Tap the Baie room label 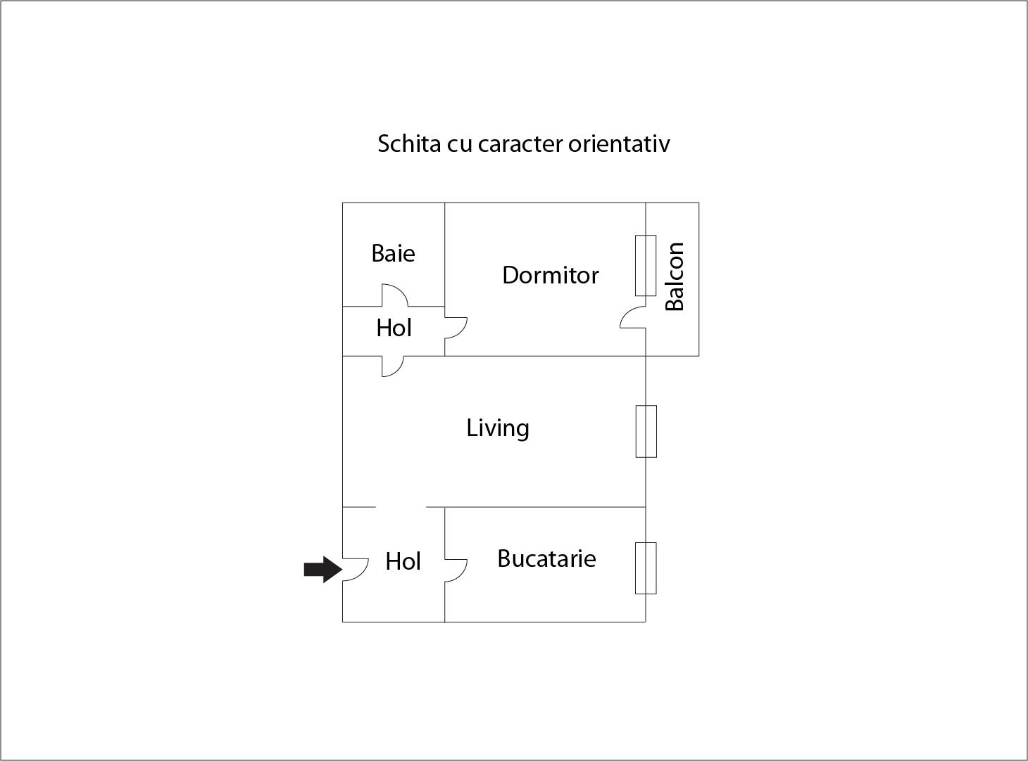pyautogui.click(x=393, y=253)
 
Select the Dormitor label pyautogui.click(x=550, y=275)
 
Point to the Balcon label pyautogui.click(x=675, y=276)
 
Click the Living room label pyautogui.click(x=497, y=428)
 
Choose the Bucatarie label pyautogui.click(x=546, y=558)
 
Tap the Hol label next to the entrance pyautogui.click(x=403, y=561)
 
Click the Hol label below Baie pyautogui.click(x=394, y=328)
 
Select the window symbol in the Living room pyautogui.click(x=646, y=431)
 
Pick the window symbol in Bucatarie pyautogui.click(x=646, y=568)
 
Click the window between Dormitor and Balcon pyautogui.click(x=646, y=265)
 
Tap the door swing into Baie pyautogui.click(x=394, y=295)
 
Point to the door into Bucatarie pyautogui.click(x=456, y=570)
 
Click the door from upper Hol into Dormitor pyautogui.click(x=456, y=328)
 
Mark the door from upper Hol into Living pyautogui.click(x=392, y=366)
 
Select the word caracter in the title pyautogui.click(x=520, y=143)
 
